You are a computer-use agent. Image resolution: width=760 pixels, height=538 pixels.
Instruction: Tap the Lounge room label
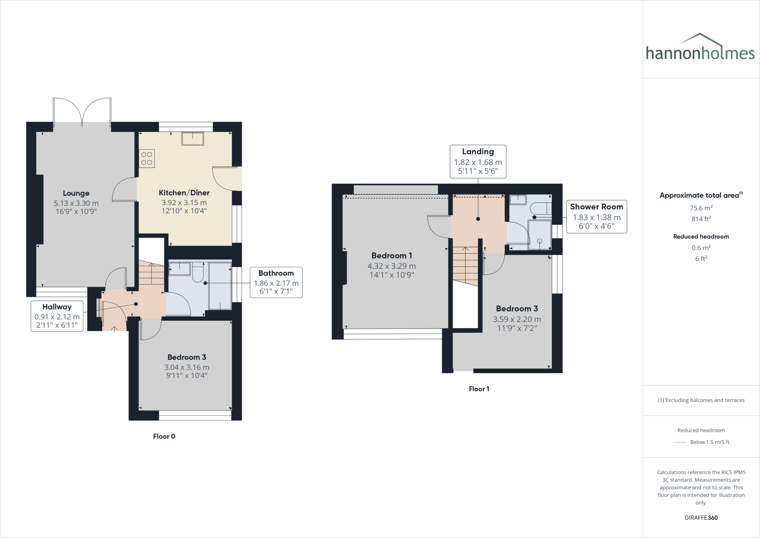tap(76, 193)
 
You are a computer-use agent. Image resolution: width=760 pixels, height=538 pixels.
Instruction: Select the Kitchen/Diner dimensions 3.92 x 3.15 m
tap(184, 203)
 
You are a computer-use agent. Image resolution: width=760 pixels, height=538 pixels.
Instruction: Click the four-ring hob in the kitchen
tap(147, 158)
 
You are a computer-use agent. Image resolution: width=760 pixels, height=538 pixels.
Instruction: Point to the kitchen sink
tap(193, 139)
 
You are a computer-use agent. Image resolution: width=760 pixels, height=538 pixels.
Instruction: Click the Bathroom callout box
tap(276, 282)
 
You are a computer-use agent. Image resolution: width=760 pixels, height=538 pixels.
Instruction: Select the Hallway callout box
tap(57, 316)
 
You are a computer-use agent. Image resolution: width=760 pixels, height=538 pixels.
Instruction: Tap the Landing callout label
tap(478, 152)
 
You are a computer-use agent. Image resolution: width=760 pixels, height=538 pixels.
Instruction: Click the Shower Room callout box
tap(596, 217)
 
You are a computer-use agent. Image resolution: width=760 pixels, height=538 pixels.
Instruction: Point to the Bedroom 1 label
tap(392, 256)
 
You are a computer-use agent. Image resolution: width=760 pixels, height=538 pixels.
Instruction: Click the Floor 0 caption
tap(164, 437)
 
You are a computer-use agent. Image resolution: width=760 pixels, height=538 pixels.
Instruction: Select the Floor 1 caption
tap(479, 389)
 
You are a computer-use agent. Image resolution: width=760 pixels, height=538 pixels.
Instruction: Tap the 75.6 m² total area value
tap(701, 208)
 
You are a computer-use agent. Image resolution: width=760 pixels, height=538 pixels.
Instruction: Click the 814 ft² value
tap(701, 219)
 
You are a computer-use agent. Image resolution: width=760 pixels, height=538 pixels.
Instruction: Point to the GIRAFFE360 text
tap(701, 518)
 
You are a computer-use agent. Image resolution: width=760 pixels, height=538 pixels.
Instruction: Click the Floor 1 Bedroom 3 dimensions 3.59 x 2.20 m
tap(517, 319)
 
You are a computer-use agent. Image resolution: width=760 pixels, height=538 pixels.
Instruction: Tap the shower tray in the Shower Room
tap(540, 235)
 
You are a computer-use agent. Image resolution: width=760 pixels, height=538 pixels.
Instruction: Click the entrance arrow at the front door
tap(114, 328)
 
